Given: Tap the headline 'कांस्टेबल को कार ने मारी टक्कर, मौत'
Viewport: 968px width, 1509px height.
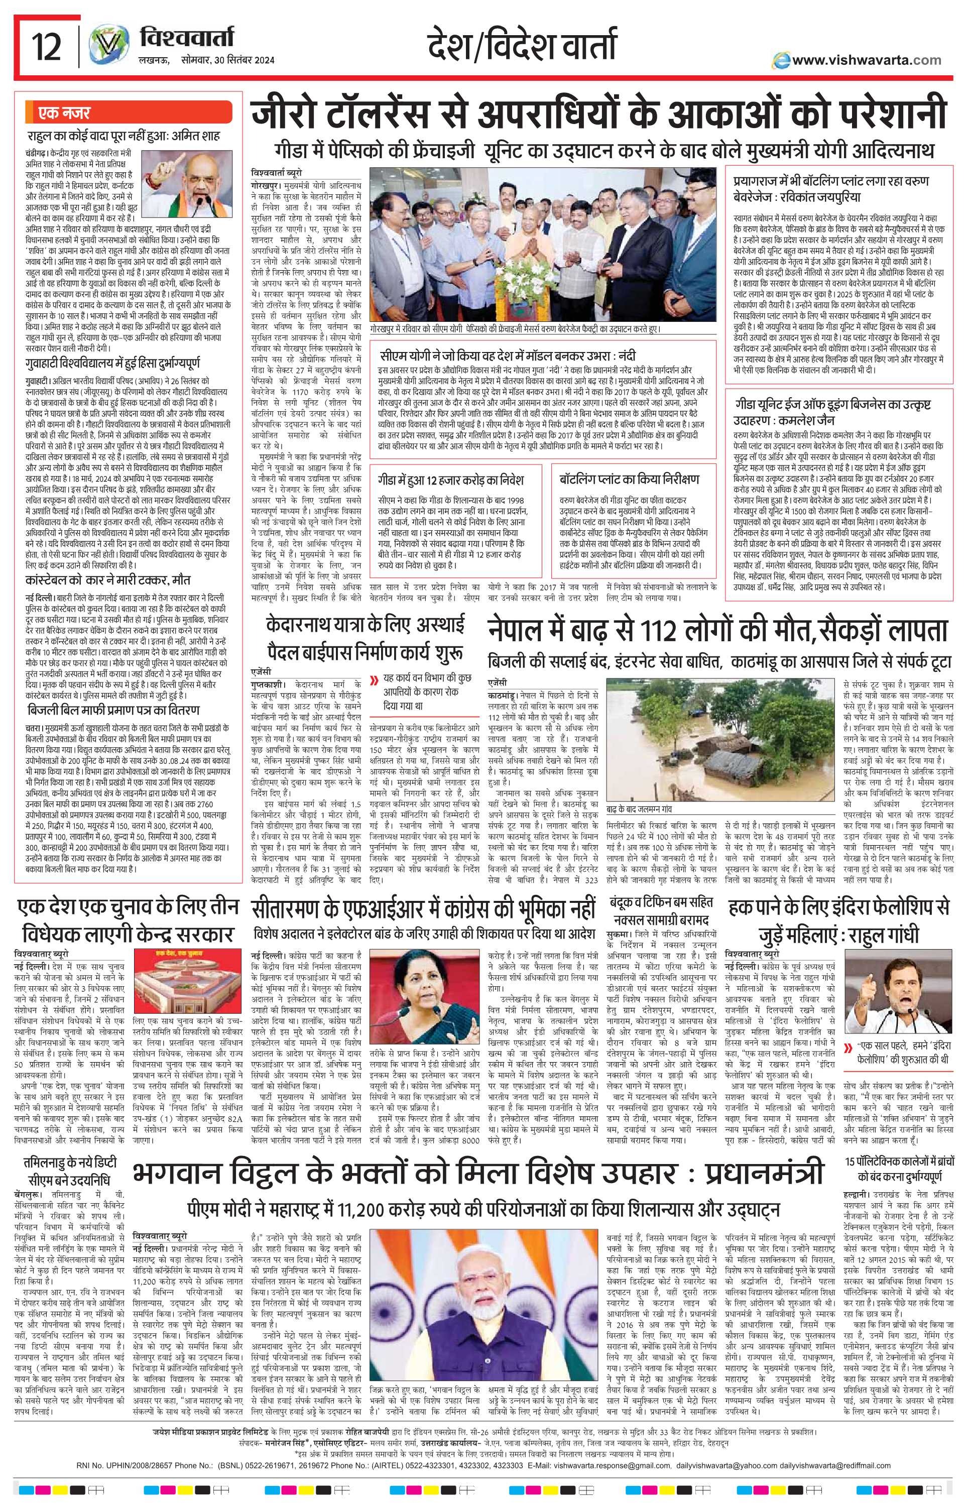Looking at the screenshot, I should point(107,579).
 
